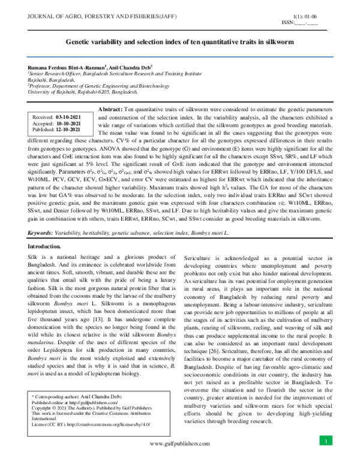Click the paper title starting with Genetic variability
179,43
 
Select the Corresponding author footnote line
72,398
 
